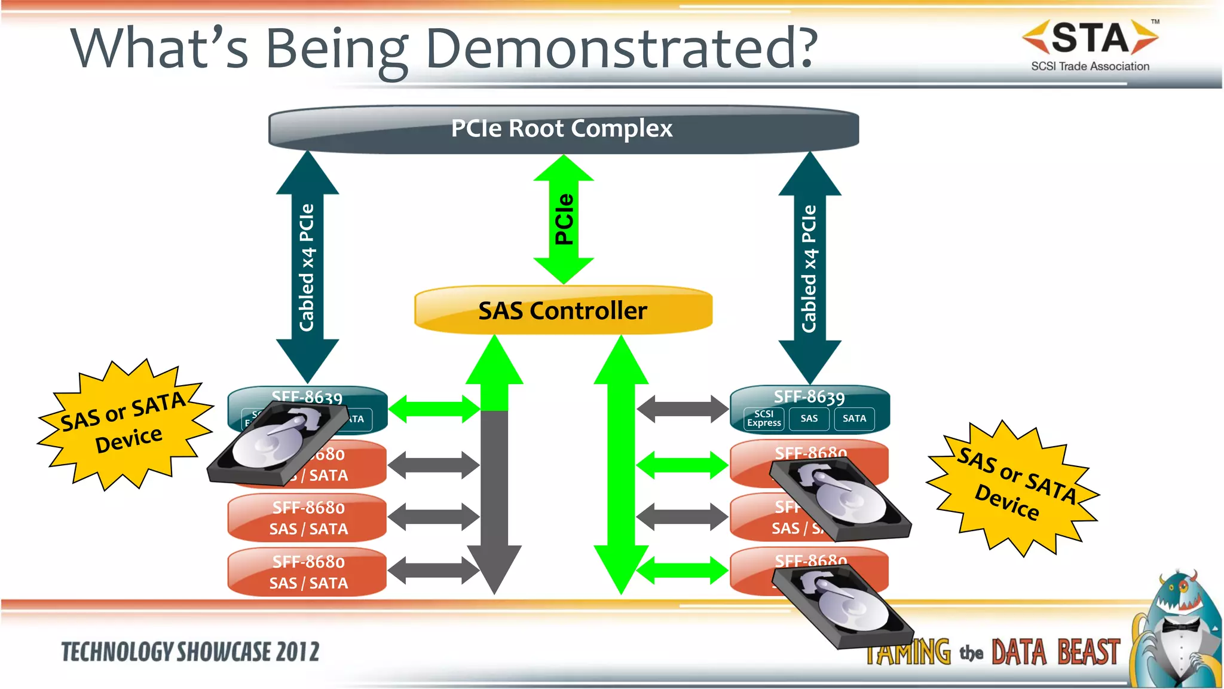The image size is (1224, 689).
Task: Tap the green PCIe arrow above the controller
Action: (x=564, y=219)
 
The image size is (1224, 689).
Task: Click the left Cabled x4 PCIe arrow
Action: (x=307, y=267)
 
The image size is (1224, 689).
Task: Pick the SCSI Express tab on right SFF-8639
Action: (x=764, y=419)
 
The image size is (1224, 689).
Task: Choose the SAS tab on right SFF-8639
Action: (x=809, y=419)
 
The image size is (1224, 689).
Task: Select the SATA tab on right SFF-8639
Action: (x=854, y=419)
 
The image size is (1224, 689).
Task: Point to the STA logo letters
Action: (x=1090, y=38)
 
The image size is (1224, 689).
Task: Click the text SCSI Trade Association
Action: (x=1090, y=66)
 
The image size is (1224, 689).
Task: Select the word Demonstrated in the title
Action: (x=622, y=49)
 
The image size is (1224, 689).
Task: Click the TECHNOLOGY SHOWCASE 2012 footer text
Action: (x=190, y=652)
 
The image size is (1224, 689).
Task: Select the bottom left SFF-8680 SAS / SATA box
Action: (x=308, y=572)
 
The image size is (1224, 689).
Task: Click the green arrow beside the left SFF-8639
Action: (x=434, y=409)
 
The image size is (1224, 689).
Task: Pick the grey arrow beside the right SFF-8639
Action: (x=683, y=409)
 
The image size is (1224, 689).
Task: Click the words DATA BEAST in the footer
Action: (x=1055, y=653)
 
